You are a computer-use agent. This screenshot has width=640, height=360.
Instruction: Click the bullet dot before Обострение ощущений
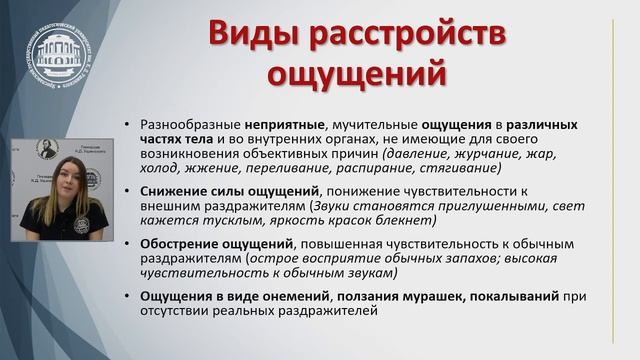pos(128,242)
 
